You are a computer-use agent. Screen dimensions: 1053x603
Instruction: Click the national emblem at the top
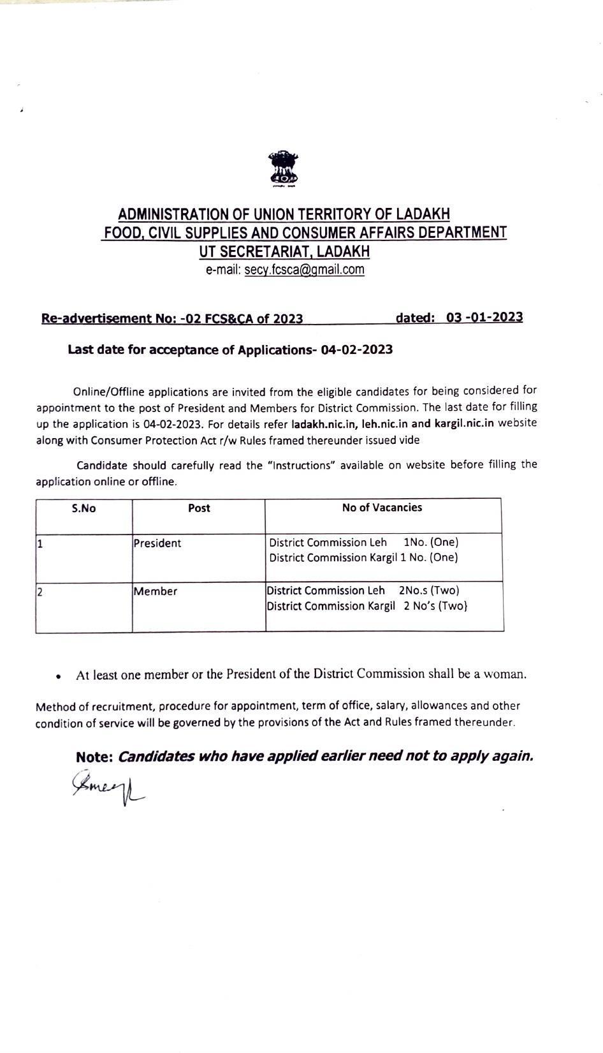coord(284,169)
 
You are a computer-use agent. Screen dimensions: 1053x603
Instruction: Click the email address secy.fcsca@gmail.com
coord(304,270)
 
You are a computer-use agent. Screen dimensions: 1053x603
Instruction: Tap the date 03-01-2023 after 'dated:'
coord(484,318)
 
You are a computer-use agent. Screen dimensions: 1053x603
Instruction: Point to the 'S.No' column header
coord(84,508)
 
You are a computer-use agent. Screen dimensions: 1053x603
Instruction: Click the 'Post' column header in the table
coord(199,508)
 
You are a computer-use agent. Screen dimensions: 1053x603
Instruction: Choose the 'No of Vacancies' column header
coord(382,508)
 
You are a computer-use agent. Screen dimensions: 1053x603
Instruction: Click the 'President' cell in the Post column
coord(157,543)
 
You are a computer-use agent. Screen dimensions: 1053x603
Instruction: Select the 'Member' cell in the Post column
coord(156,591)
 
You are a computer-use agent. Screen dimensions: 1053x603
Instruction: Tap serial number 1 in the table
coord(40,544)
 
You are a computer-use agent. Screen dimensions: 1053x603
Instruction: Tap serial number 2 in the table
coord(40,592)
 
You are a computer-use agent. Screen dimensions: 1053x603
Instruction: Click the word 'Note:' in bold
coord(94,757)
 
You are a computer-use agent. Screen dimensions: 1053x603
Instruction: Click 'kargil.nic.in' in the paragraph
coord(464,423)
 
